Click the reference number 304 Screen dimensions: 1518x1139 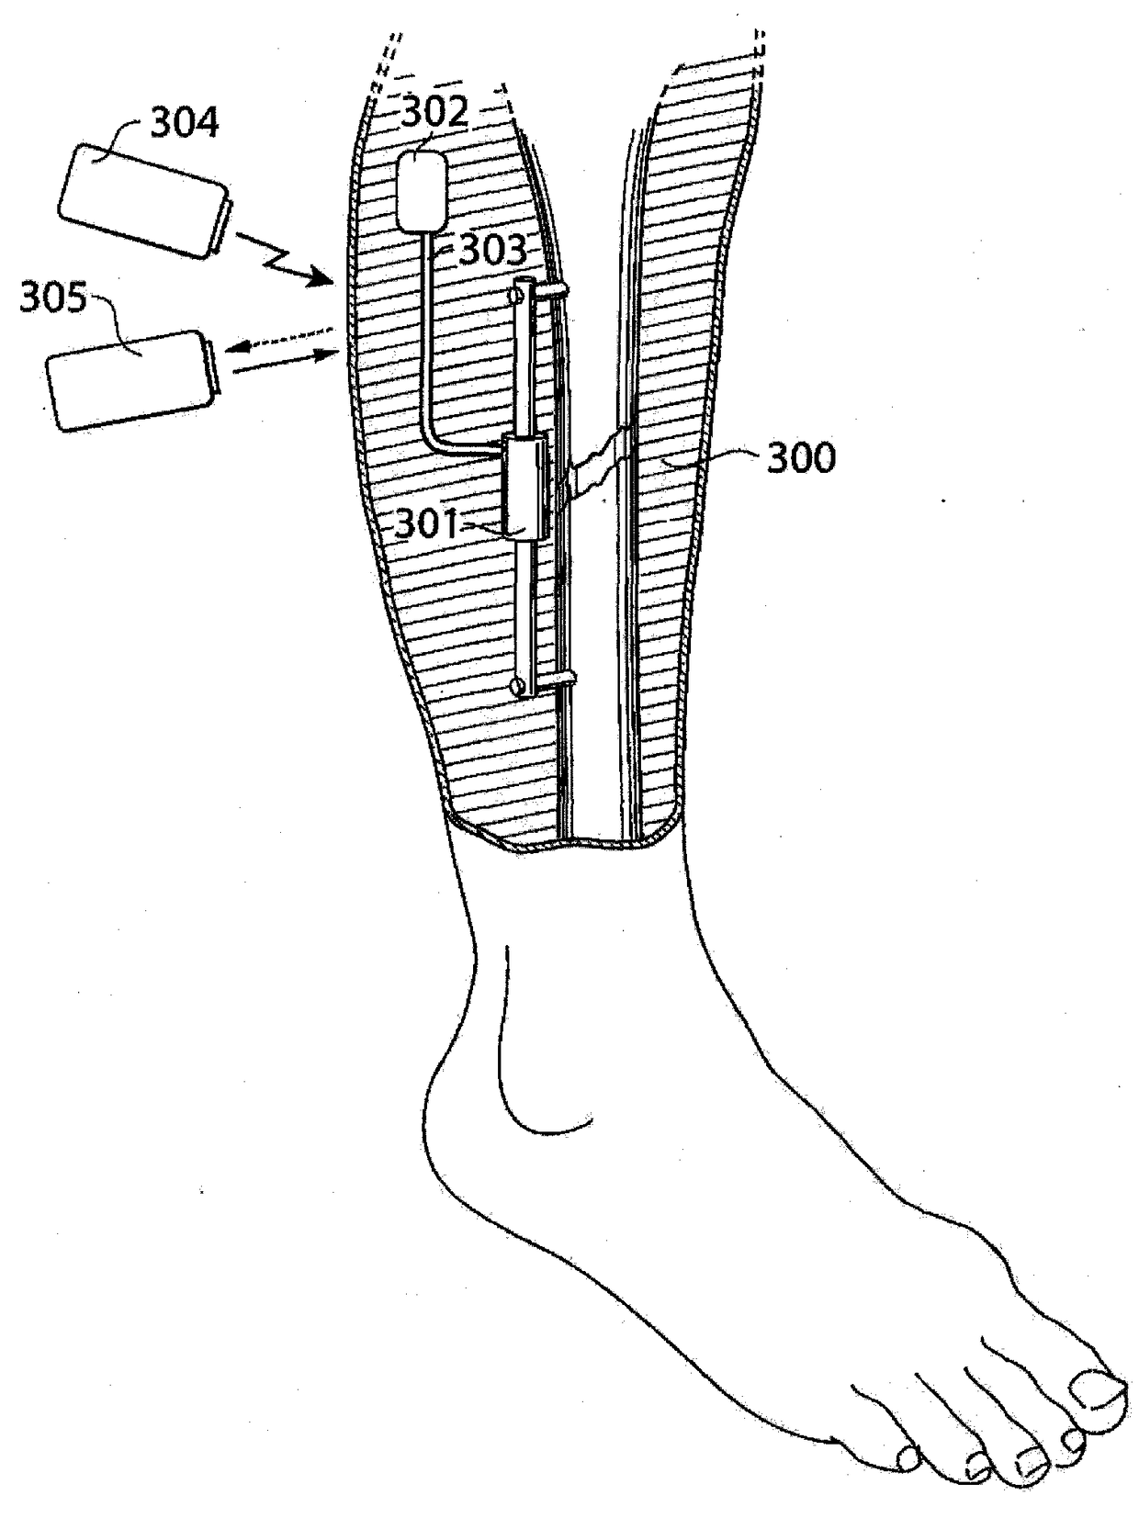point(185,122)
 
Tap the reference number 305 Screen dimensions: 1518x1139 point(53,299)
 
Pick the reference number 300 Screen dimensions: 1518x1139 point(801,457)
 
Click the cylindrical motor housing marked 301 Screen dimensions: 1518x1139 point(524,487)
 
